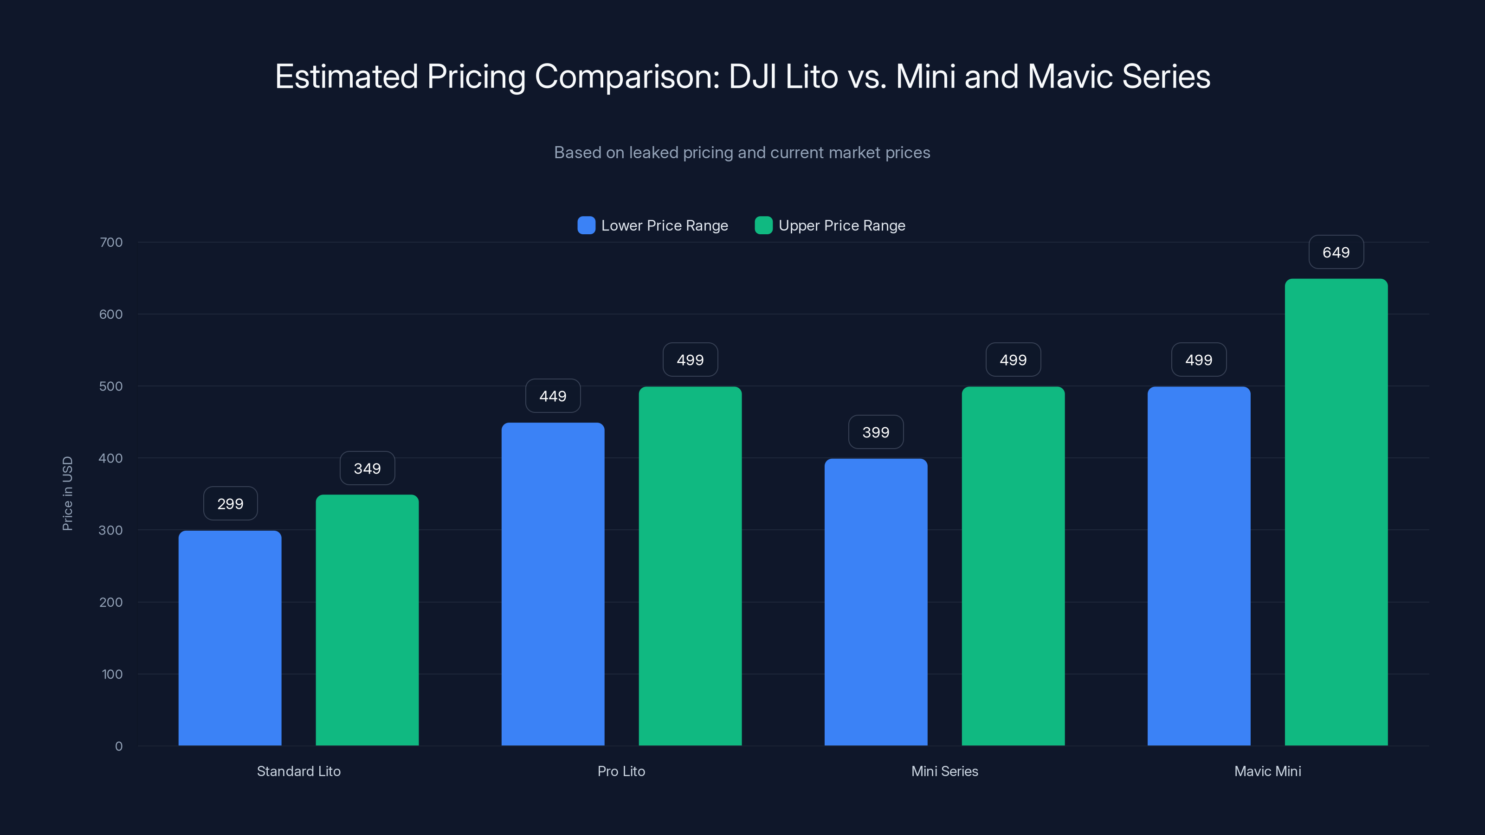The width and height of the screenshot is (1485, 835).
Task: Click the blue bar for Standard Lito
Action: click(230, 638)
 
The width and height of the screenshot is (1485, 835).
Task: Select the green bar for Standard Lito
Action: click(367, 620)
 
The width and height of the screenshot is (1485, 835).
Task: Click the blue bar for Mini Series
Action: click(876, 602)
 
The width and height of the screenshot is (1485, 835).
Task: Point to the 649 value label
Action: click(1336, 252)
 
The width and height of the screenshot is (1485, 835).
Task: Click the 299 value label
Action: click(230, 504)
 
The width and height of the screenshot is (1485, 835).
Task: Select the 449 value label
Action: click(553, 396)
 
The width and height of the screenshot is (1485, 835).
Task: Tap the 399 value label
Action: click(876, 432)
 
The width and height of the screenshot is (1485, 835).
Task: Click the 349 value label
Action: click(367, 469)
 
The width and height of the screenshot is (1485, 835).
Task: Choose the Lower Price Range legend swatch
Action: click(586, 225)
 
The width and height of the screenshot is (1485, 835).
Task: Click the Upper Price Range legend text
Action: click(842, 225)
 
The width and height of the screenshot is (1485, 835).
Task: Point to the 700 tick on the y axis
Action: click(111, 243)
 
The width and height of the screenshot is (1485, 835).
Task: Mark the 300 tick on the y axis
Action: click(111, 530)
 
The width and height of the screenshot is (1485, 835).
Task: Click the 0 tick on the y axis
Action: click(119, 746)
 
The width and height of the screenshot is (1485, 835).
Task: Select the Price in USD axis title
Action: click(67, 493)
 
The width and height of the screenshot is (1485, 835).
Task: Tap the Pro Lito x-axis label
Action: click(621, 771)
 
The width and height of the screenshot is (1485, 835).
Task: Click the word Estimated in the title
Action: click(346, 77)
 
